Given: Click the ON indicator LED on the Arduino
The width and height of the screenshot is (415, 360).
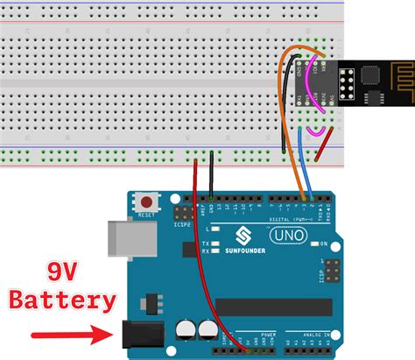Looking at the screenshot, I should [x=312, y=244].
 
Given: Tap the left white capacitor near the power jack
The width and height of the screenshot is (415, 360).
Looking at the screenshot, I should [x=186, y=328].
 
